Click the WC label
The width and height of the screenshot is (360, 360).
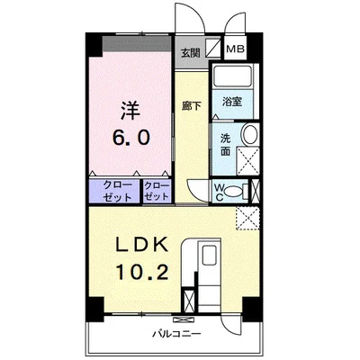click(x=219, y=191)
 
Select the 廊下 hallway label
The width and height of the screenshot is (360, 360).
click(x=189, y=105)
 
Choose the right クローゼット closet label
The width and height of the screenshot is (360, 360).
click(x=157, y=191)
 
